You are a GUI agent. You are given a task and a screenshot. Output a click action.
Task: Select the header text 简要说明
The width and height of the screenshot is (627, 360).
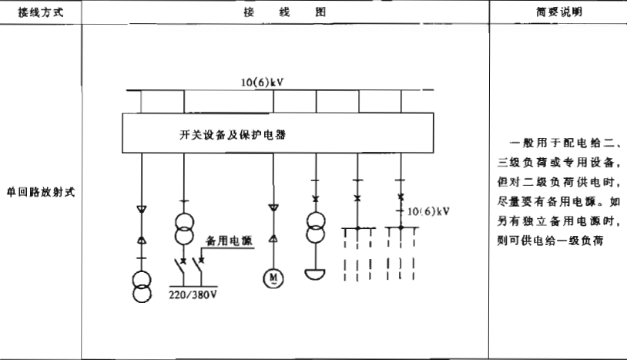click(x=558, y=13)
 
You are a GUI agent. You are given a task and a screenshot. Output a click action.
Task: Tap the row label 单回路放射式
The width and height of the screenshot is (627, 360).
click(x=41, y=193)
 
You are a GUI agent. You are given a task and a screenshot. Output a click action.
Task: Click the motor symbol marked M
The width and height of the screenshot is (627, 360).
click(x=273, y=276)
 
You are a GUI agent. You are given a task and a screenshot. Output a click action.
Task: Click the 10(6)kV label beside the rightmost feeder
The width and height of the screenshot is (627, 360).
click(x=427, y=210)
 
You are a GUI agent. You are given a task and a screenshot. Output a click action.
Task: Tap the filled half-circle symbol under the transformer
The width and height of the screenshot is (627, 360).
click(x=315, y=274)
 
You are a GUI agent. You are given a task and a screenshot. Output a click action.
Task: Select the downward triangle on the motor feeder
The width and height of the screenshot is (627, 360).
click(x=273, y=208)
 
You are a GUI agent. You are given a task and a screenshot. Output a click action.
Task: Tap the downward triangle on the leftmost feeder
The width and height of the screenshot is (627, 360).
click(x=142, y=208)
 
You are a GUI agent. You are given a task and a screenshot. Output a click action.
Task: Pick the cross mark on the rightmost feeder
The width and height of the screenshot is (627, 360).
click(x=400, y=198)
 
